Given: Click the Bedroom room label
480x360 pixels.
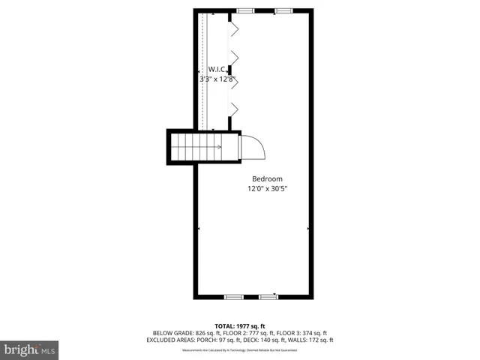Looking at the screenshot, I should (267, 178).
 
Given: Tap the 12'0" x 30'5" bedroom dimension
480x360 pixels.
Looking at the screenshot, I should (267, 189).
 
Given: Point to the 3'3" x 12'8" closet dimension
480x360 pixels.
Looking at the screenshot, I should (217, 78).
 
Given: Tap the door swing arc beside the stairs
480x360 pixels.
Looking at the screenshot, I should (253, 147).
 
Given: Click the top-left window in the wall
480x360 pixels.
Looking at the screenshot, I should (244, 10).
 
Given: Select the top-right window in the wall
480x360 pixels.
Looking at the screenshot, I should (283, 10).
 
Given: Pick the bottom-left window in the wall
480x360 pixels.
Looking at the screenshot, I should (233, 297).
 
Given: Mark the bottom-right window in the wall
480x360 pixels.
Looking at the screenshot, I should (268, 297).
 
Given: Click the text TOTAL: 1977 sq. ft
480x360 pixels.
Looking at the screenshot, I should (240, 326).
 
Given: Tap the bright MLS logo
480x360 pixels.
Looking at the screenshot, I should (30, 349).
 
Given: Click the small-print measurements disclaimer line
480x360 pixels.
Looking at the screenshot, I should (240, 349).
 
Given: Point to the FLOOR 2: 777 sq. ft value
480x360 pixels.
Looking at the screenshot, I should (244, 332).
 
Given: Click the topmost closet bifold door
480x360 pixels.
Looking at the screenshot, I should (233, 29).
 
